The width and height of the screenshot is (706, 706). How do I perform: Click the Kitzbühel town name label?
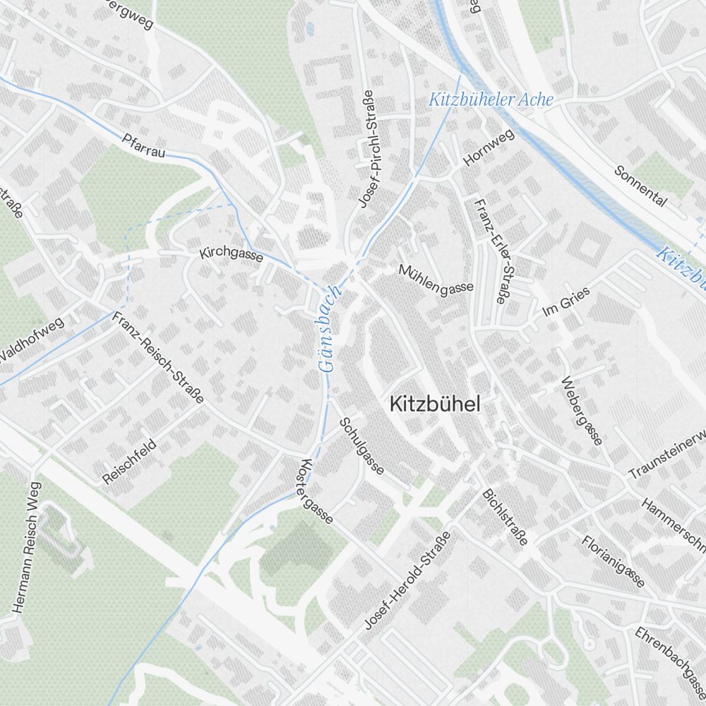tap(434, 405)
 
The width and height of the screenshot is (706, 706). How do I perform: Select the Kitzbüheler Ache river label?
tap(491, 100)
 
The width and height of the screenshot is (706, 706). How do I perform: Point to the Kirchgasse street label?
tap(231, 254)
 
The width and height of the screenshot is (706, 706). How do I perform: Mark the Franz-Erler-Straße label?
tap(492, 251)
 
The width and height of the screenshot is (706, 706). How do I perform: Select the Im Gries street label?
tap(565, 301)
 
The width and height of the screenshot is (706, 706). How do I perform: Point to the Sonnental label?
tap(640, 186)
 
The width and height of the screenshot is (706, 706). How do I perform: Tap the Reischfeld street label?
tap(129, 461)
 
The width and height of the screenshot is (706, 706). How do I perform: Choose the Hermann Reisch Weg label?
tap(25, 546)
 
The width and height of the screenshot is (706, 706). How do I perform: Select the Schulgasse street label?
tap(361, 445)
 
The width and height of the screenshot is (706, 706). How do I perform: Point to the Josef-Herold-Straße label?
tap(407, 580)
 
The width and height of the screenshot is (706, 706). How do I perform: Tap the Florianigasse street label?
tap(614, 561)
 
